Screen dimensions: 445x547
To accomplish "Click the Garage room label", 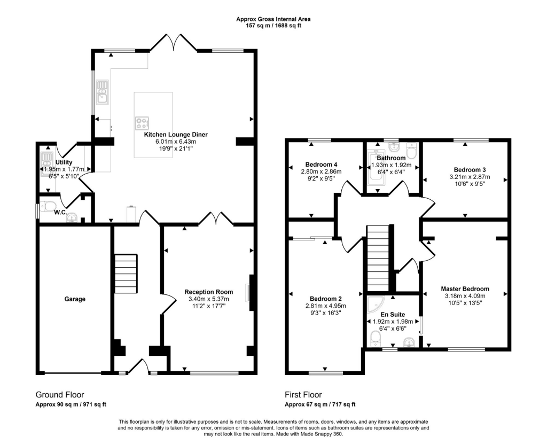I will [75, 299].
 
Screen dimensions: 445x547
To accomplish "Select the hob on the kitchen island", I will [142, 123].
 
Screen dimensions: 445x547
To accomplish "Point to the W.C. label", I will [60, 213].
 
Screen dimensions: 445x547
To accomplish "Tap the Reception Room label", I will [208, 292].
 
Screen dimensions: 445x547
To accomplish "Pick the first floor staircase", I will [379, 259].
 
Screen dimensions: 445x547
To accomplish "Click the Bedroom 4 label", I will [322, 165].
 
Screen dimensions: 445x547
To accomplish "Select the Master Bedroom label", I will [465, 289].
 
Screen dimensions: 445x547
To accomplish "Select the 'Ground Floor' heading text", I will [59, 395].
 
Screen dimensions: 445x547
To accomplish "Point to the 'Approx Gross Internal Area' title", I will [273, 19].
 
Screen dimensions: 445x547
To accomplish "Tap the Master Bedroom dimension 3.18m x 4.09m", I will [465, 296].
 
